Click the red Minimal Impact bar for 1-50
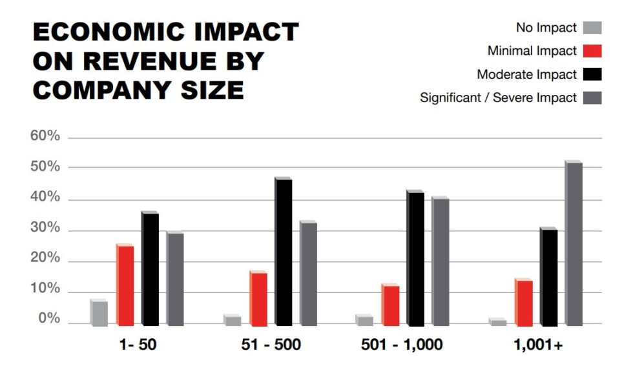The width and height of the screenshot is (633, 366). (x=125, y=285)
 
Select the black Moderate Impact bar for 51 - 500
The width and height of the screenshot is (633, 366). (x=284, y=252)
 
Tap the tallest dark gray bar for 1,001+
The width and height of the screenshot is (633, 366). (x=574, y=243)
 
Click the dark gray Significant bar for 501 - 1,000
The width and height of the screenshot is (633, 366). (x=441, y=261)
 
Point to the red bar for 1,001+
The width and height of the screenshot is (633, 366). (x=524, y=302)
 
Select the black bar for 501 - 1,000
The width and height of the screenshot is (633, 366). (x=415, y=258)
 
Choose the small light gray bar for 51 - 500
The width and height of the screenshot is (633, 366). (x=233, y=320)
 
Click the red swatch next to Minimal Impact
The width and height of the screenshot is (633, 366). (x=592, y=51)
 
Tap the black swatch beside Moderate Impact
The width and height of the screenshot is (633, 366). (x=592, y=74)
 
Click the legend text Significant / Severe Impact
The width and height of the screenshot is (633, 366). (x=498, y=98)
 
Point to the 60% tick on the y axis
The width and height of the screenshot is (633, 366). (x=45, y=137)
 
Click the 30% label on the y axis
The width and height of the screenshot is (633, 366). (x=45, y=229)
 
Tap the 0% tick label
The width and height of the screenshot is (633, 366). (x=48, y=320)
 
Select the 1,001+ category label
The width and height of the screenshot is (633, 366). (x=539, y=345)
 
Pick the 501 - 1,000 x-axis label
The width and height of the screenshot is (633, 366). (x=402, y=345)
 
